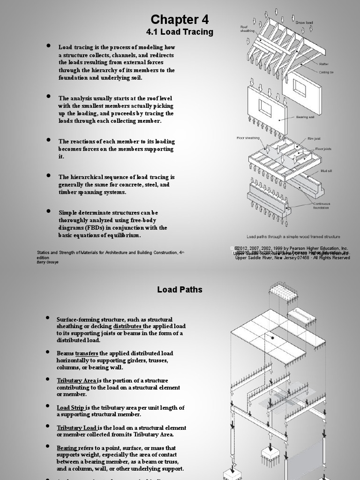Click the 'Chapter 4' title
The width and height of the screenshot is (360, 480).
click(x=180, y=20)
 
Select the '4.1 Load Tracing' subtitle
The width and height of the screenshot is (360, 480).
click(x=180, y=32)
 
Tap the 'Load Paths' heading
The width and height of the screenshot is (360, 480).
click(x=180, y=290)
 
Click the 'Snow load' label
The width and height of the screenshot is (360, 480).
click(x=304, y=22)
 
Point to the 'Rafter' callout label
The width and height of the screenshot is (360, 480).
click(x=324, y=64)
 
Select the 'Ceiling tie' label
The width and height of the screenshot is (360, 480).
click(x=326, y=72)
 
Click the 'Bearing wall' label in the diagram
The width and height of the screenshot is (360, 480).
click(x=305, y=117)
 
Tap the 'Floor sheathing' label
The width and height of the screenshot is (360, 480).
click(x=248, y=138)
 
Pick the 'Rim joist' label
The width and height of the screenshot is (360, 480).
click(x=314, y=139)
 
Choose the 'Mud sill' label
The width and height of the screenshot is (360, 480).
click(x=326, y=171)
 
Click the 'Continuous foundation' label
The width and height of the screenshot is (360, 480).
click(x=322, y=206)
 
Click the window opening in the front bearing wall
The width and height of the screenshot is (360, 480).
click(x=265, y=109)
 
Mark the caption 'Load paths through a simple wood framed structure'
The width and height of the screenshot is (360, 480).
click(x=293, y=237)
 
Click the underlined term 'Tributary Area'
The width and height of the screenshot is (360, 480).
click(x=77, y=381)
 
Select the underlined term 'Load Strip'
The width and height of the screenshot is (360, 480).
click(x=71, y=408)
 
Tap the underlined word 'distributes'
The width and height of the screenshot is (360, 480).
click(x=127, y=326)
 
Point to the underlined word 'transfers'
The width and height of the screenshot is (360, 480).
click(x=87, y=353)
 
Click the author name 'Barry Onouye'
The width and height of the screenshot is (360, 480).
click(x=48, y=262)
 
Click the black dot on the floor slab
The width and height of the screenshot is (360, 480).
click(x=272, y=337)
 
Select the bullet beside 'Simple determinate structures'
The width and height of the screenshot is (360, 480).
click(x=48, y=211)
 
